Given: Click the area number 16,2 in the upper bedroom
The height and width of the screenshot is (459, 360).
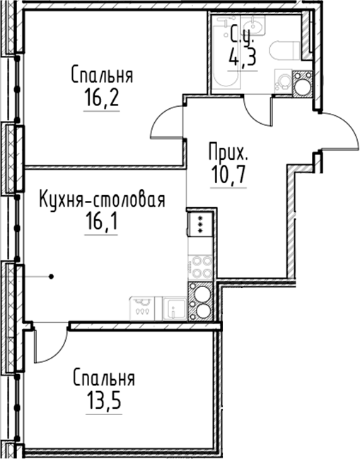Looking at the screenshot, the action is click(102, 98).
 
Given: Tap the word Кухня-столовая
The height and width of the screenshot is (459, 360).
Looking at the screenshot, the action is click(103, 200).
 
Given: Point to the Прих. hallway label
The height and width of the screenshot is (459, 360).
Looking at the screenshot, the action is click(228, 152).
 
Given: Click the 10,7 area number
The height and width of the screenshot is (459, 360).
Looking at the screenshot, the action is click(228, 175).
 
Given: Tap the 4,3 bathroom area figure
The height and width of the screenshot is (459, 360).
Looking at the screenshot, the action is click(243, 58).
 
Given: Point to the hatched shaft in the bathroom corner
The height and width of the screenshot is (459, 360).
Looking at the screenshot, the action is click(303, 83).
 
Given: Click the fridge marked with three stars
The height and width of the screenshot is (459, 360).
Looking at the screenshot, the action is click(200, 224).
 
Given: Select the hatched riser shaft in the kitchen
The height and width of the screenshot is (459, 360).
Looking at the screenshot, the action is click(200, 301).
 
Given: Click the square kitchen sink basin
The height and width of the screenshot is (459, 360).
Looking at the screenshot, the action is click(175, 309).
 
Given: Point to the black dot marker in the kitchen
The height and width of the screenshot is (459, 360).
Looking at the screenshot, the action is click(51, 277).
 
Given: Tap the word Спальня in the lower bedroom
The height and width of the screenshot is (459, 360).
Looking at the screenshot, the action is click(104, 378).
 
